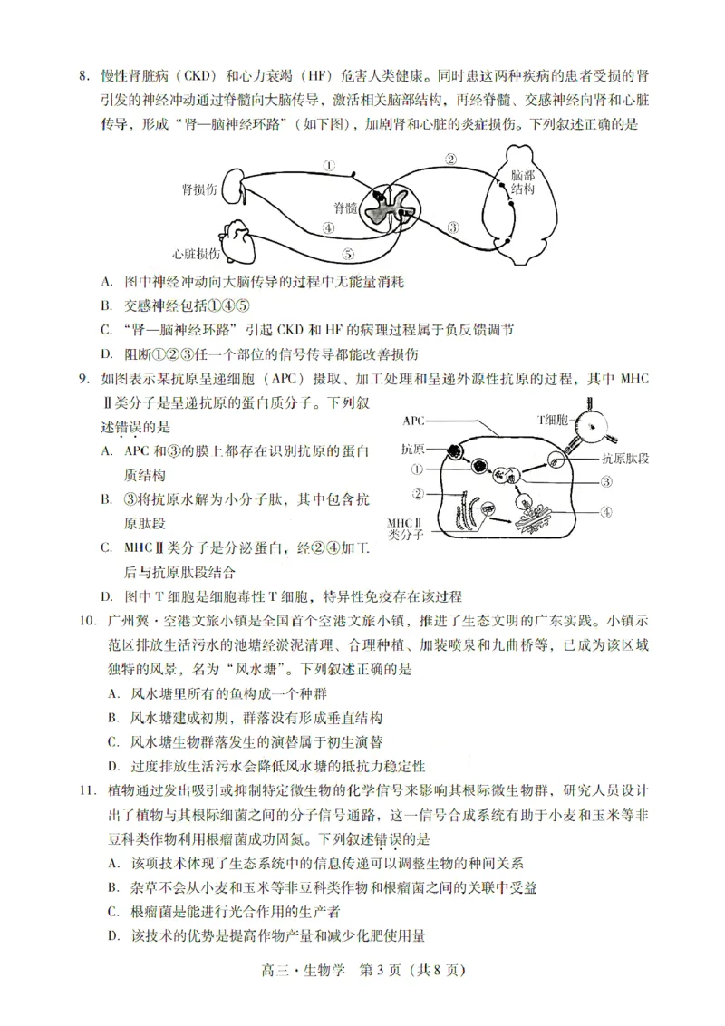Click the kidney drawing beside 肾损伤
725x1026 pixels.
(x=234, y=189)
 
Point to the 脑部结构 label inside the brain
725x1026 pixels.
(x=522, y=182)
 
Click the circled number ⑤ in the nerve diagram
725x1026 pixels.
(x=348, y=253)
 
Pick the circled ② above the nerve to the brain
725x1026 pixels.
(x=450, y=160)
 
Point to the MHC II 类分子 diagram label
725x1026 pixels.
(x=405, y=529)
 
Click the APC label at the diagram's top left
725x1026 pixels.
(x=414, y=421)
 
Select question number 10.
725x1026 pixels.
(x=88, y=622)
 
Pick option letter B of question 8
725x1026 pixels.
(x=106, y=305)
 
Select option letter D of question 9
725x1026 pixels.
(x=106, y=596)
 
